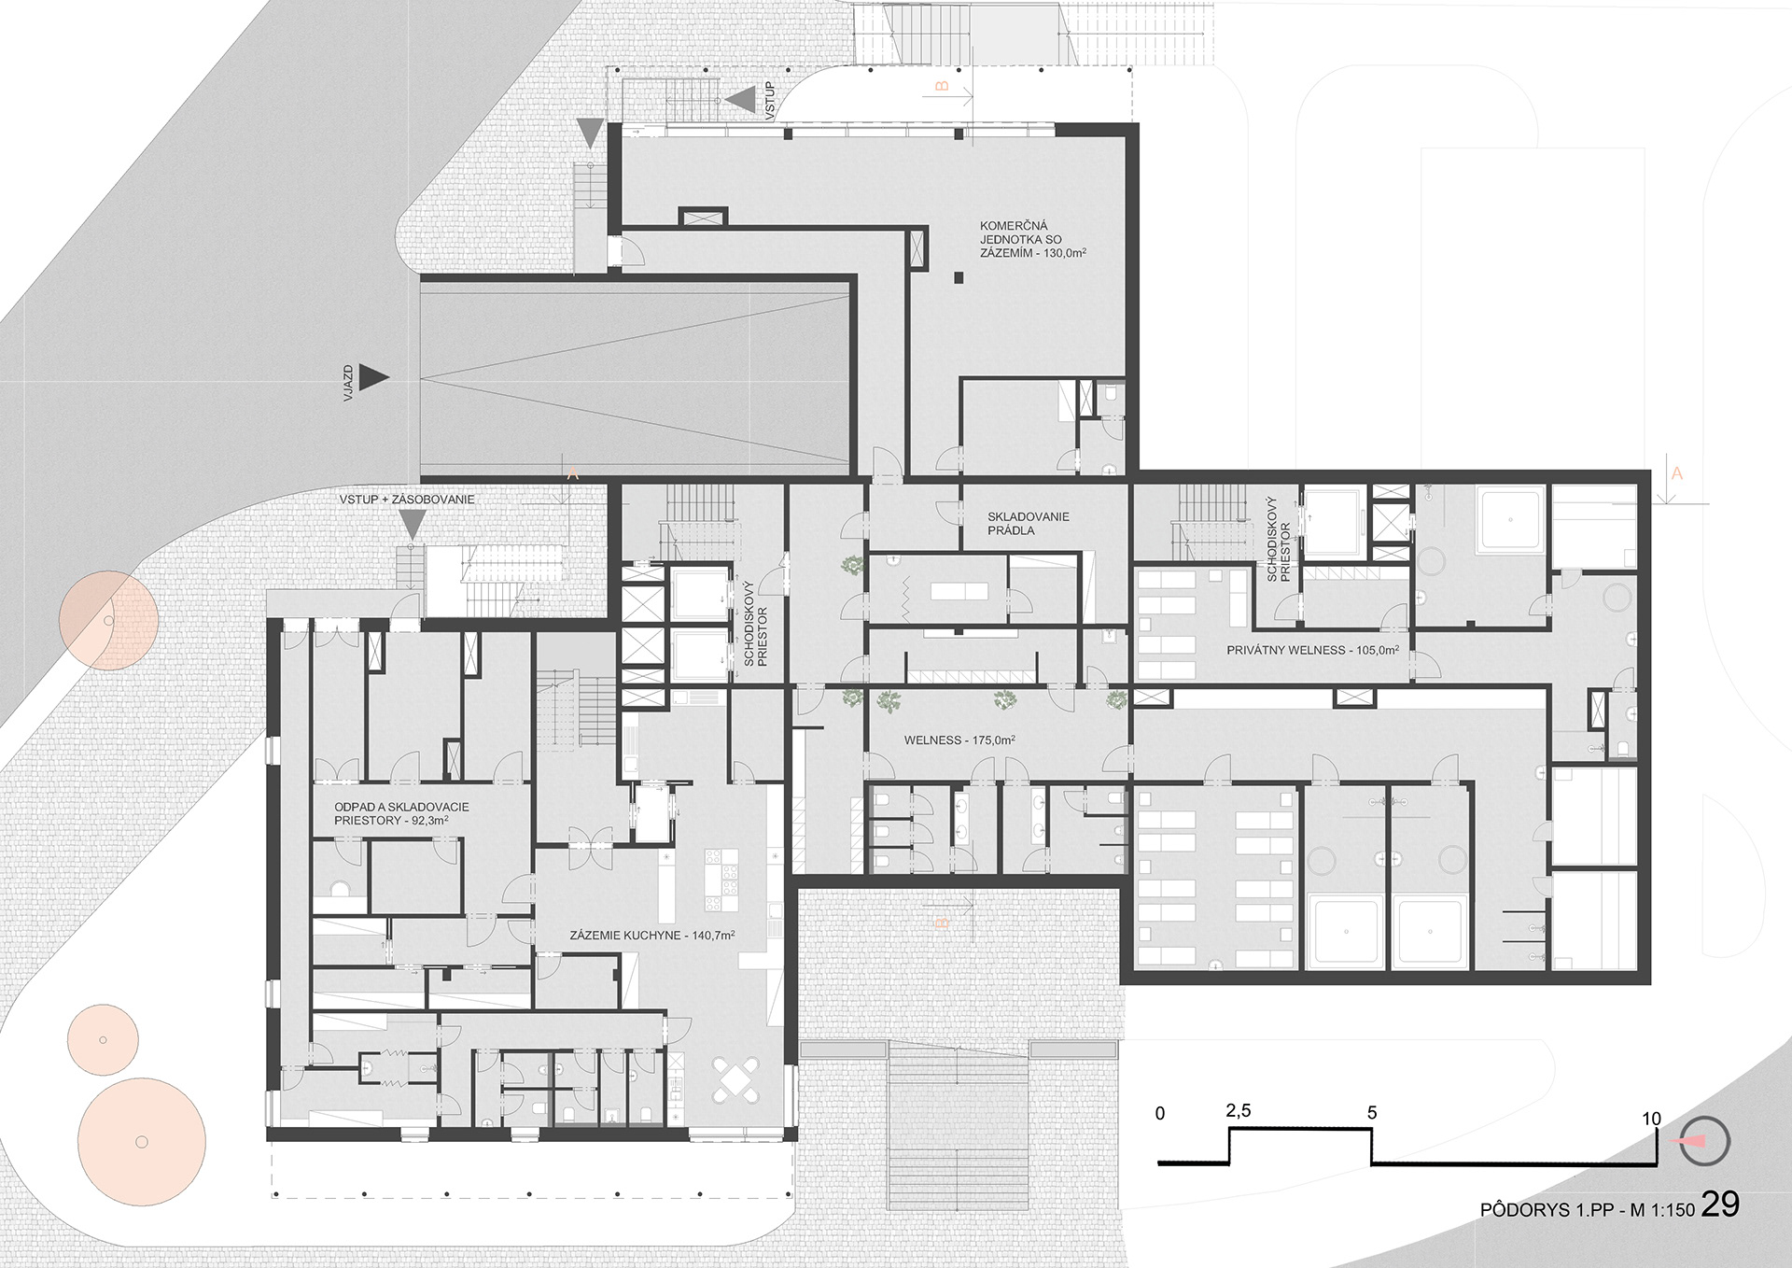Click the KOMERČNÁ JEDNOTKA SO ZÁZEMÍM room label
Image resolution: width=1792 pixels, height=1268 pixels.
1031,239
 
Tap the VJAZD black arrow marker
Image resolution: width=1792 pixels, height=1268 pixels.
374,376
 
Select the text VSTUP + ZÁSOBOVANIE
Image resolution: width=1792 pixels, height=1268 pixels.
406,500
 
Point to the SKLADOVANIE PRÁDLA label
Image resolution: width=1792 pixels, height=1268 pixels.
1029,523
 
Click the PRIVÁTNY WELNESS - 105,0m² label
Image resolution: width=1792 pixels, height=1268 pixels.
1312,650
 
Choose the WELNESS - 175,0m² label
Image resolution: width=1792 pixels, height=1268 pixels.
959,740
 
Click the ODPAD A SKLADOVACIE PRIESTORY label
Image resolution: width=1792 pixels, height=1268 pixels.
401,813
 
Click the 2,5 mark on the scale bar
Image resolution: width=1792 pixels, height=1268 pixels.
1238,1111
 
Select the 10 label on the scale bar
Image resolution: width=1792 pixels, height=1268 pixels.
1651,1119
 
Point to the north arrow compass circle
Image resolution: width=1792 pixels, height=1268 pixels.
1704,1141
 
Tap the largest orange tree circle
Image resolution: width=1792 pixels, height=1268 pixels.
141,1141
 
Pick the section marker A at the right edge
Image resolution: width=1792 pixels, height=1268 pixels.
1676,473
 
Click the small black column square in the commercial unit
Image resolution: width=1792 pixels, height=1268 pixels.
959,277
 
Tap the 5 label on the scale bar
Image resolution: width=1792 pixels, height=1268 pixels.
1371,1113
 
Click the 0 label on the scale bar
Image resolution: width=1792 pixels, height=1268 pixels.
1160,1113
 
